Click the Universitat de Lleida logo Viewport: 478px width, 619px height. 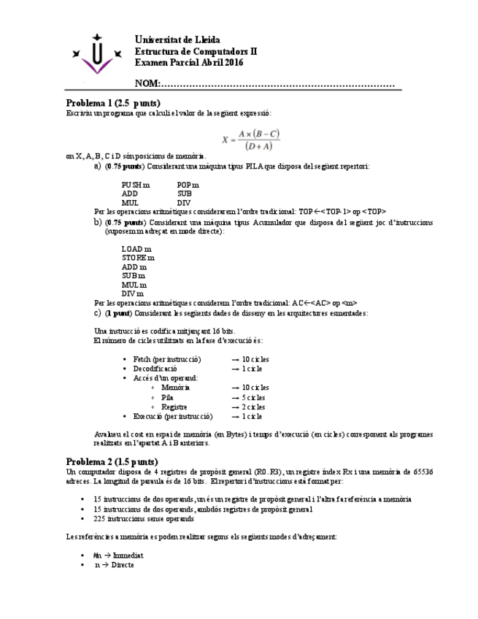[x=96, y=55]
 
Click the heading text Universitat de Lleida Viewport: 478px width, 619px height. [x=177, y=39]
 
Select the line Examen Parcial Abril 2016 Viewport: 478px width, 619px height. [x=189, y=63]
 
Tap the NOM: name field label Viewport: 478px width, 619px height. [x=147, y=84]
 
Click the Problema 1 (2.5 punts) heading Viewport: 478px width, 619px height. [x=113, y=103]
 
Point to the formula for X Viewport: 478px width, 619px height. [x=251, y=139]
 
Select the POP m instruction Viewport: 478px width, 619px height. [x=188, y=185]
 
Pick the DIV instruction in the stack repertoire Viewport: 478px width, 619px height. [x=184, y=203]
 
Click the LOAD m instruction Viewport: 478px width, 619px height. [x=136, y=249]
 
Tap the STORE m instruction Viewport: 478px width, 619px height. [x=138, y=258]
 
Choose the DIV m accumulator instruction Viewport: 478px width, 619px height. [x=134, y=293]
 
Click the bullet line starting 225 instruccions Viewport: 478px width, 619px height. [x=143, y=519]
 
